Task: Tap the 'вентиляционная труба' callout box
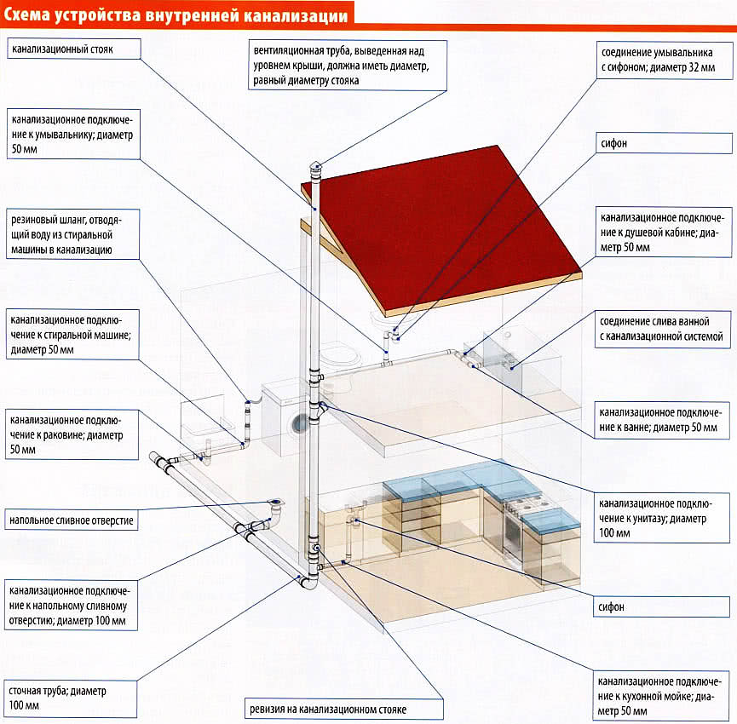coord(347,66)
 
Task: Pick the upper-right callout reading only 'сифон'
coord(663,144)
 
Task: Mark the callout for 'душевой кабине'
coord(663,232)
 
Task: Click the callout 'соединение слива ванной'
coord(663,330)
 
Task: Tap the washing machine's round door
coord(299,422)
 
